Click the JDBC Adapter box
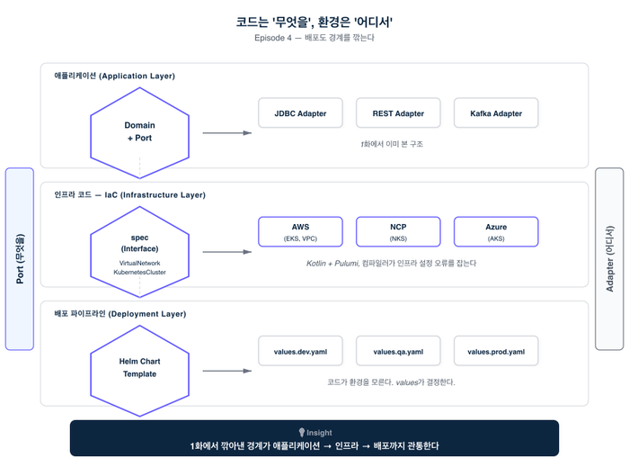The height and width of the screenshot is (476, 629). pyautogui.click(x=300, y=114)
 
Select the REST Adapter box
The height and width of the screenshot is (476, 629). pyautogui.click(x=398, y=114)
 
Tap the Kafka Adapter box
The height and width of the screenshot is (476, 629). pyautogui.click(x=496, y=114)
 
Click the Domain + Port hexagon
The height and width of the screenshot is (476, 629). pyautogui.click(x=139, y=132)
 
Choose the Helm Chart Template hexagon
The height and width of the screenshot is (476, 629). pyautogui.click(x=139, y=368)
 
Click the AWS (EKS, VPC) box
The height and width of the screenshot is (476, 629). pyautogui.click(x=300, y=232)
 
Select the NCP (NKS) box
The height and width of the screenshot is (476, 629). pyautogui.click(x=398, y=232)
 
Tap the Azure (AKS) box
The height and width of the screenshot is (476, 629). pyautogui.click(x=496, y=232)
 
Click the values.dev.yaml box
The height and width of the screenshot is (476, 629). pyautogui.click(x=300, y=351)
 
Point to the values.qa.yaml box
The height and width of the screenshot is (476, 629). pyautogui.click(x=398, y=351)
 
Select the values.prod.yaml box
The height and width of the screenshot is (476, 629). pyautogui.click(x=496, y=351)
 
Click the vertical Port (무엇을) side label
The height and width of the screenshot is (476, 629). pyautogui.click(x=20, y=258)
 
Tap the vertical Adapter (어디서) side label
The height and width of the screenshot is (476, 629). pyautogui.click(x=609, y=258)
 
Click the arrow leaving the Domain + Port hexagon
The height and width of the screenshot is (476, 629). pyautogui.click(x=226, y=133)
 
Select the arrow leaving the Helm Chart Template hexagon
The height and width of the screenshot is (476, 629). pyautogui.click(x=226, y=370)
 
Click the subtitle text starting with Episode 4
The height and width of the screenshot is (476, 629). pyautogui.click(x=314, y=39)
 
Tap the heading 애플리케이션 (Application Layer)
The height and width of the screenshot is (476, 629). pyautogui.click(x=114, y=76)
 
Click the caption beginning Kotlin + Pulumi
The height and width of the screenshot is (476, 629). pyautogui.click(x=391, y=264)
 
